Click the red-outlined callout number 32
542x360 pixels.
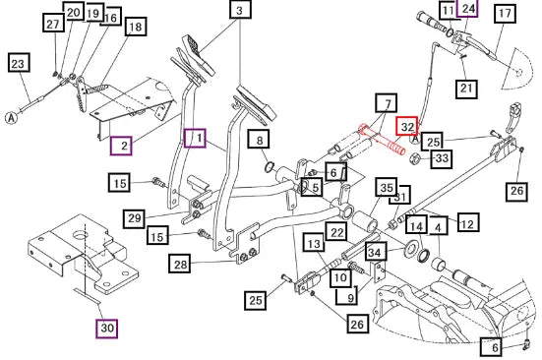pos(407,126)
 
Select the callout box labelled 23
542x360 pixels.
pos(19,63)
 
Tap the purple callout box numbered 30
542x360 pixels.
pos(107,329)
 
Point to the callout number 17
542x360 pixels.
pos(505,14)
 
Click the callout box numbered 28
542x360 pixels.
pos(180,264)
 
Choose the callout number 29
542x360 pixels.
pos(134,218)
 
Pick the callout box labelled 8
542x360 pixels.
pos(259,140)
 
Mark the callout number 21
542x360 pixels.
pos(466,89)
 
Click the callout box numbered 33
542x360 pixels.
pos(442,158)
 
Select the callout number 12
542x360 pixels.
pos(468,222)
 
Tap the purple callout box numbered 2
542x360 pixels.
pos(121,146)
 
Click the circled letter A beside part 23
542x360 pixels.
pos(12,118)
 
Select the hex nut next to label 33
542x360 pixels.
pos(414,159)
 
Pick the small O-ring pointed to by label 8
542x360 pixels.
pos(269,167)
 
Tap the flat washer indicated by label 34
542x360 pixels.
pos(410,250)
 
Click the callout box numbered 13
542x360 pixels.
pos(314,243)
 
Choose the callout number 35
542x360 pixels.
pos(387,187)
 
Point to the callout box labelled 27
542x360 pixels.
pos(53,24)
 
